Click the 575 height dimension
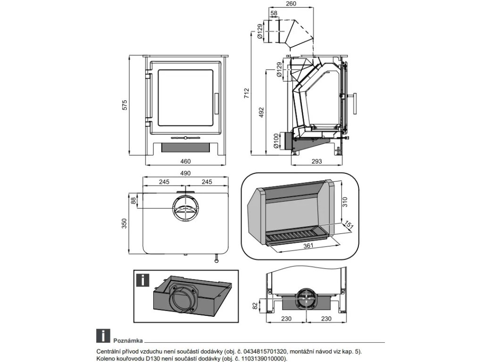pos(125,105)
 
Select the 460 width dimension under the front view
pos(186,161)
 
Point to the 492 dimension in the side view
pos(261,112)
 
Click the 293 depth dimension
pos(316,161)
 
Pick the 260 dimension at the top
pos(291,4)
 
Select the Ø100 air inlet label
pos(276,141)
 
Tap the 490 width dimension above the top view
pos(185,173)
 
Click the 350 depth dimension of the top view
pos(125,222)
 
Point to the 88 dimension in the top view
pos(133,201)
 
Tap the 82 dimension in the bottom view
pos(255,306)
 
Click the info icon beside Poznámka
pos(102,336)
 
